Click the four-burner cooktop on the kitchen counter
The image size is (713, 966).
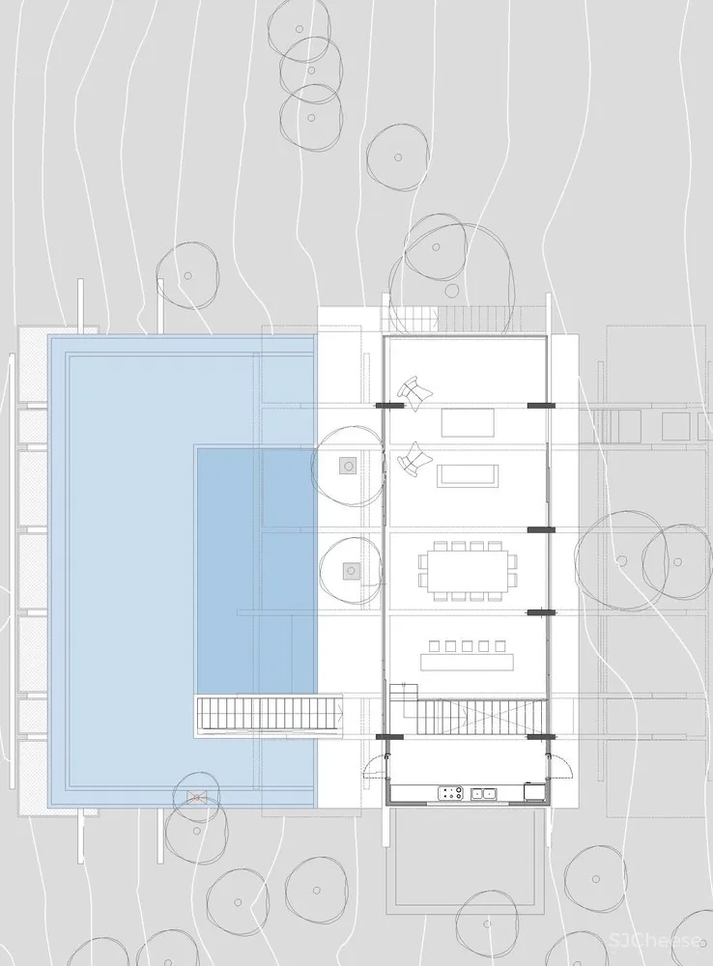(451, 793)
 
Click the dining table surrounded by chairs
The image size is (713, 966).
(468, 571)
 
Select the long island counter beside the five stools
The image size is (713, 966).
(467, 662)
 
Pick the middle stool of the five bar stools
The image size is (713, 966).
(467, 645)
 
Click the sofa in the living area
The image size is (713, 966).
(468, 475)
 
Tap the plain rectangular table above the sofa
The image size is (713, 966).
(468, 422)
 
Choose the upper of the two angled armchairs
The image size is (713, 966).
(414, 394)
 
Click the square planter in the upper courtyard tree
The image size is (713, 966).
(349, 466)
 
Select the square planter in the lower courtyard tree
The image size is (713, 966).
(352, 571)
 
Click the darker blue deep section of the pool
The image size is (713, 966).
(256, 571)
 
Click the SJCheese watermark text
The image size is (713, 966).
(656, 941)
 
